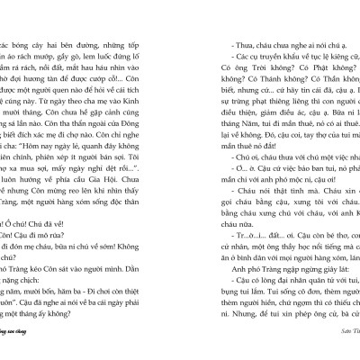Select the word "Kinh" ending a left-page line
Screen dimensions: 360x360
(x=163, y=89)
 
